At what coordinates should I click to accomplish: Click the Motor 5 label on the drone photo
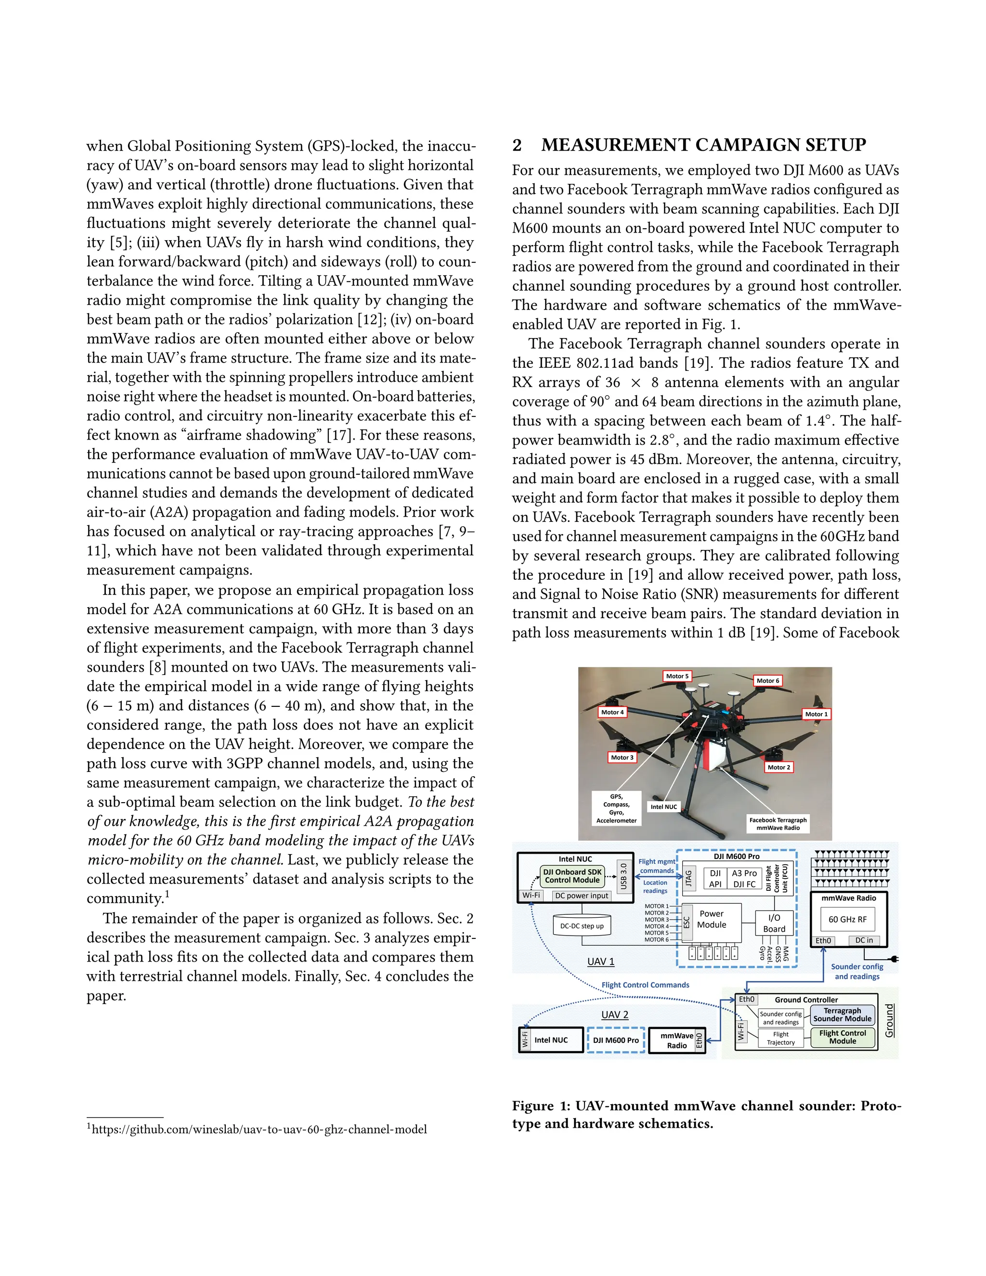677,676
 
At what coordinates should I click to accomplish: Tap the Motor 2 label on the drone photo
778,767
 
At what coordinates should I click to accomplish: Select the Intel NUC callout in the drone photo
663,807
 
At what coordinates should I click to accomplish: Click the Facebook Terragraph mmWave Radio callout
778,824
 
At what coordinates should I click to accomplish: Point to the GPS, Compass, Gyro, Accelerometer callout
616,808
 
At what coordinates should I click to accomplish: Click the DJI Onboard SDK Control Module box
572,876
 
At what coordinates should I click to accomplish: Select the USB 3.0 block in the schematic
624,876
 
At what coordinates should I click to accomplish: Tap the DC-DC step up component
582,926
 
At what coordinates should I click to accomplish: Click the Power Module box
712,919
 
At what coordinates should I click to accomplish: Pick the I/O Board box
774,924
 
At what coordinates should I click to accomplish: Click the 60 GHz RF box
847,919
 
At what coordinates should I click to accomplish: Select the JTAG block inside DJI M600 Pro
688,877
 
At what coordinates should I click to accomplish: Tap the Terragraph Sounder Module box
843,1015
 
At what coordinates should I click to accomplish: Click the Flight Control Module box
843,1037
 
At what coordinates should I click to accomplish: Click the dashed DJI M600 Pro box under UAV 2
616,1040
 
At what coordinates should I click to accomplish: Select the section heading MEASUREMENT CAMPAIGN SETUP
703,145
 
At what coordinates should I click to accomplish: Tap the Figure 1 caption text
706,1115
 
